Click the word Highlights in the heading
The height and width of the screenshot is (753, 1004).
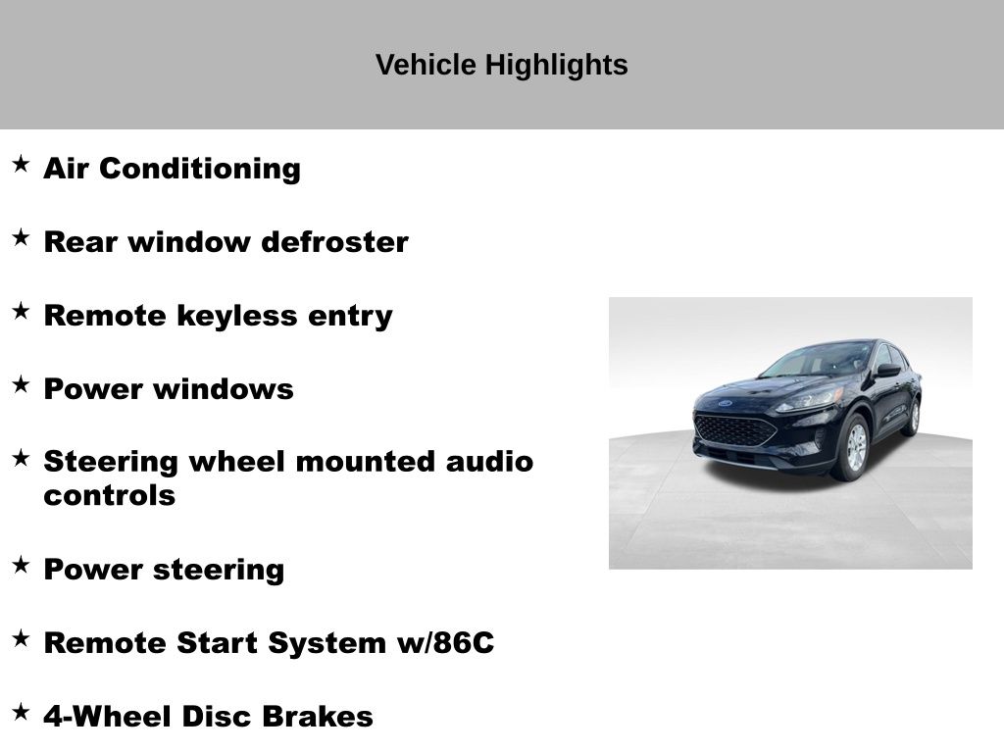point(556,66)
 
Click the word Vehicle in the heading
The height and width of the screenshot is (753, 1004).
point(426,66)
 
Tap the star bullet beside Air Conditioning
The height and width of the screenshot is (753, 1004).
point(22,164)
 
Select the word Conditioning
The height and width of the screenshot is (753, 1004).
point(200,170)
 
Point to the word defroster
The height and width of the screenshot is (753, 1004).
point(335,242)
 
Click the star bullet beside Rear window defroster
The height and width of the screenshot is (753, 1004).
point(22,237)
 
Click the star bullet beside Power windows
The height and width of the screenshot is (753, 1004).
point(22,384)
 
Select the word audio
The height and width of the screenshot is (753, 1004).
point(490,462)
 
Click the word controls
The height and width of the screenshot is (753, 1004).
point(110,495)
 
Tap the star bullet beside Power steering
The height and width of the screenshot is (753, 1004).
point(22,566)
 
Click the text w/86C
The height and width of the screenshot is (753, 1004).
point(446,643)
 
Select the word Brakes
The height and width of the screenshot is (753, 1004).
point(318,717)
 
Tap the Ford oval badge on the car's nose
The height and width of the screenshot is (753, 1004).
point(725,403)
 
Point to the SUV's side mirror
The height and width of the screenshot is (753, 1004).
point(887,370)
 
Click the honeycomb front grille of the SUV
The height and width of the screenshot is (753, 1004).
point(734,430)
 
